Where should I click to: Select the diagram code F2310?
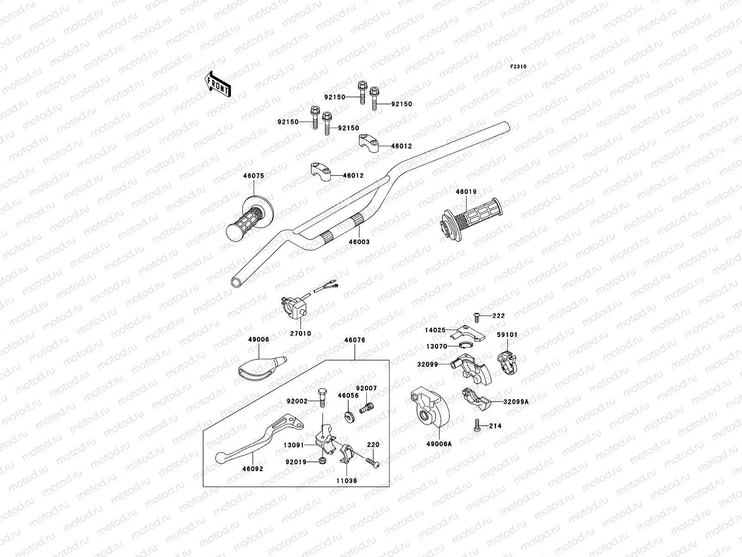(x=518, y=67)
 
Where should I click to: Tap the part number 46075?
(x=253, y=176)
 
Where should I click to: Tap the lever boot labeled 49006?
(x=262, y=368)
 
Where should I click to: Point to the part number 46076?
(x=354, y=340)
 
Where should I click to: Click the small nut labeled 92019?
(x=322, y=460)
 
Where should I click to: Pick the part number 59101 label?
(x=507, y=335)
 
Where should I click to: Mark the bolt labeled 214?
(x=476, y=425)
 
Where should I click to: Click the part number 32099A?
(x=516, y=402)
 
